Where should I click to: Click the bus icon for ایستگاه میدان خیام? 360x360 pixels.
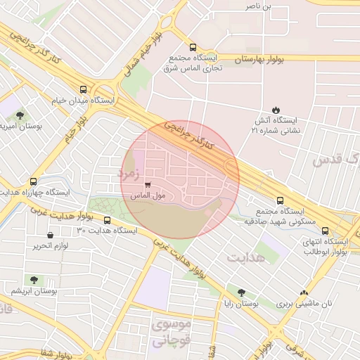(84, 89)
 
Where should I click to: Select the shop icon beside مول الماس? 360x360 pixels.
(146, 185)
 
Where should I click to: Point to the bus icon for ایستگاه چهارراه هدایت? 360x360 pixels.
(33, 181)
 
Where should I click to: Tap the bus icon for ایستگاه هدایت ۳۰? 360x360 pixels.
(106, 219)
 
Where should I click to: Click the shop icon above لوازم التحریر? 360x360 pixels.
(49, 235)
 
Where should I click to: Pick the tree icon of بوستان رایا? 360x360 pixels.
(241, 292)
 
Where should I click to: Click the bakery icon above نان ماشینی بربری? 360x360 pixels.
(304, 293)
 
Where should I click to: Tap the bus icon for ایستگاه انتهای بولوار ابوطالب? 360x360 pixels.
(324, 230)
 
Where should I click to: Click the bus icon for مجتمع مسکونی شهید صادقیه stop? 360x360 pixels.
(281, 200)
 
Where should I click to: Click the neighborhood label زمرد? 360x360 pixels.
(130, 170)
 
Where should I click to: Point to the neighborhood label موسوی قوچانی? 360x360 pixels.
(171, 333)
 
